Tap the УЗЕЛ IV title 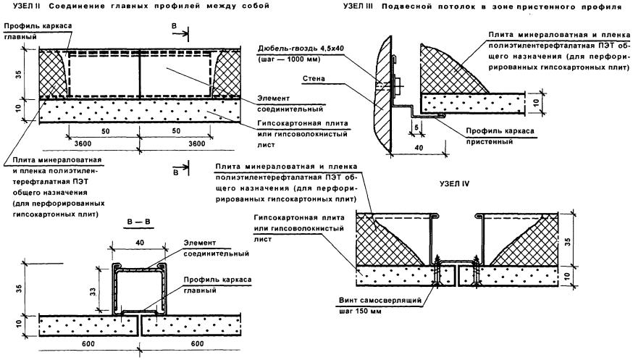[455, 184]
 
